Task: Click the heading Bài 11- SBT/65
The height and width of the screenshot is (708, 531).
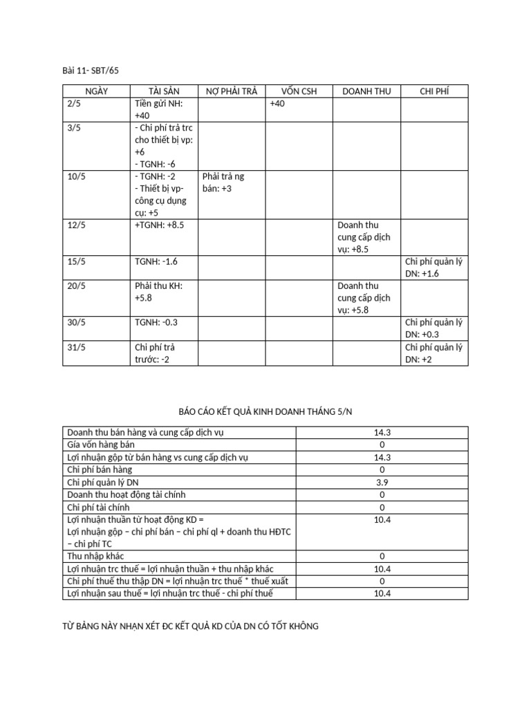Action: pyautogui.click(x=91, y=70)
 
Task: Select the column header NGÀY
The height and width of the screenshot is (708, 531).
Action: pyautogui.click(x=96, y=91)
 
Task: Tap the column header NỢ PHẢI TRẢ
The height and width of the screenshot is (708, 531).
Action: pyautogui.click(x=232, y=91)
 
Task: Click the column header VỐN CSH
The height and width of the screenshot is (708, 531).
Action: pyautogui.click(x=299, y=91)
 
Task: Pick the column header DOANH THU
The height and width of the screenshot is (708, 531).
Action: pyautogui.click(x=366, y=91)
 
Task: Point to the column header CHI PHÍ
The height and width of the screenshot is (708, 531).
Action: pyautogui.click(x=434, y=91)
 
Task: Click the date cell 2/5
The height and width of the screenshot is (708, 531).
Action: pyautogui.click(x=74, y=104)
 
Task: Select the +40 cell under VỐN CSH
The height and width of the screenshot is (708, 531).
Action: pyautogui.click(x=277, y=104)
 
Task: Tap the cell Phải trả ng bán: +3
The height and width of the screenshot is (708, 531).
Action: pyautogui.click(x=223, y=182)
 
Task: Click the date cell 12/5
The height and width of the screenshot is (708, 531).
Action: pyautogui.click(x=76, y=225)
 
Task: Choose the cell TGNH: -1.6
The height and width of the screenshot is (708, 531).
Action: pyautogui.click(x=157, y=262)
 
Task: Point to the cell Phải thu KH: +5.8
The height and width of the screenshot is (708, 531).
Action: pyautogui.click(x=158, y=292)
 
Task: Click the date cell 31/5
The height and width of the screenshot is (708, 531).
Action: pyautogui.click(x=76, y=347)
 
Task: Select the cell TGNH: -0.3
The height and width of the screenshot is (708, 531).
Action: pyautogui.click(x=157, y=322)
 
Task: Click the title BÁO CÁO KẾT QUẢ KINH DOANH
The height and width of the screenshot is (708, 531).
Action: pyautogui.click(x=265, y=410)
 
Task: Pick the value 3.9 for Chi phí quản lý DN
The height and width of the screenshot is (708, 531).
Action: pyautogui.click(x=382, y=482)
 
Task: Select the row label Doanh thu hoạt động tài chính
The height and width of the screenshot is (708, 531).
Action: pyautogui.click(x=126, y=494)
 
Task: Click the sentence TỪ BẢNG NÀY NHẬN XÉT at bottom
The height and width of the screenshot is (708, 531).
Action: pyautogui.click(x=191, y=626)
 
